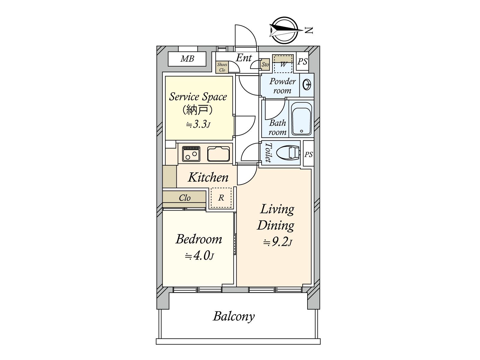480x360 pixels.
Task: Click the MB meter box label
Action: [187, 59]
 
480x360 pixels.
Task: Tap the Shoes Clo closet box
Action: [222, 67]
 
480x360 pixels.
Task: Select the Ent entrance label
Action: [244, 58]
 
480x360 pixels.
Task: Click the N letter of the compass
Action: [309, 30]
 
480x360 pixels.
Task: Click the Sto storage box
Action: [265, 64]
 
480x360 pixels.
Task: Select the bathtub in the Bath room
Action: [302, 119]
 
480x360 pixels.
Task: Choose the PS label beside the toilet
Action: [308, 154]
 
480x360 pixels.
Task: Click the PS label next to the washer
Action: [302, 61]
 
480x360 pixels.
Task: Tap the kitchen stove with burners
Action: [191, 154]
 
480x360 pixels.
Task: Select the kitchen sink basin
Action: [219, 154]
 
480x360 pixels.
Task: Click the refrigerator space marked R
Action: [221, 198]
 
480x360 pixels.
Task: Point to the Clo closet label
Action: [184, 198]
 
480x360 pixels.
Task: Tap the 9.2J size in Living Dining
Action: [277, 242]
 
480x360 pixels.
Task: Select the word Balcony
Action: [234, 316]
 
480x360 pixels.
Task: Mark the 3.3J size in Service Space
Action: [198, 124]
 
